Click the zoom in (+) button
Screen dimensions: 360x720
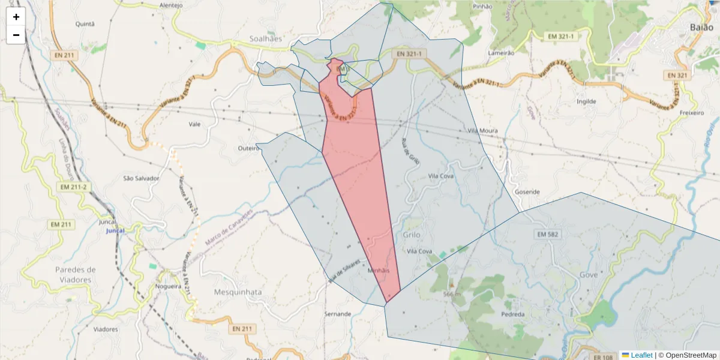pyautogui.click(x=16, y=17)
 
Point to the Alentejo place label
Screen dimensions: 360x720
pyautogui.click(x=170, y=5)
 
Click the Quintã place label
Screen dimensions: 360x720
pyautogui.click(x=85, y=24)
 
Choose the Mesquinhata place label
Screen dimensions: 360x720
pyautogui.click(x=238, y=292)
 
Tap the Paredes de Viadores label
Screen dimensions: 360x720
pyautogui.click(x=75, y=274)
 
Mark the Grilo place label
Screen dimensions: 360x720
pyautogui.click(x=412, y=235)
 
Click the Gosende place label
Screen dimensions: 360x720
pyautogui.click(x=527, y=192)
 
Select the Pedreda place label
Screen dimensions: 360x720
pyautogui.click(x=512, y=314)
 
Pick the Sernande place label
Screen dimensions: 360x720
pyautogui.click(x=337, y=314)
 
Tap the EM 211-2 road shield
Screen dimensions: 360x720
pyautogui.click(x=74, y=187)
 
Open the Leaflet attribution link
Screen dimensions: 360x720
pyautogui.click(x=641, y=355)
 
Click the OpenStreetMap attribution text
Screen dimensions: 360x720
pyautogui.click(x=691, y=355)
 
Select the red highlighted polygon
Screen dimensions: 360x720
pyautogui.click(x=357, y=180)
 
